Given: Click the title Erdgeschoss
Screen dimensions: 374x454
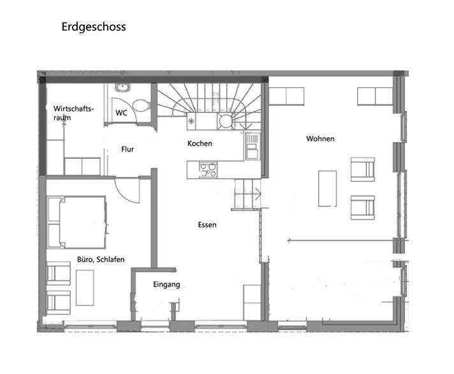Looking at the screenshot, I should point(94,27).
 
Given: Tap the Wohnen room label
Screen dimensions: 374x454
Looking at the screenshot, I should point(320,138).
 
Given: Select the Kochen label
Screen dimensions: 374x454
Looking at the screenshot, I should point(200,144).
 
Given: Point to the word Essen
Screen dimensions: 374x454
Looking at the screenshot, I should point(207,225).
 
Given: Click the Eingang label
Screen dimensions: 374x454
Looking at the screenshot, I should point(167,285).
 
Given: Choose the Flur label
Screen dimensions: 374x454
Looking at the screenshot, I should point(128,149).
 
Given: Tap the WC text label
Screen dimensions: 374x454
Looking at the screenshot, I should point(121,112).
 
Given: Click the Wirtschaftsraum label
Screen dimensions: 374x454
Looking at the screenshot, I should point(73,113).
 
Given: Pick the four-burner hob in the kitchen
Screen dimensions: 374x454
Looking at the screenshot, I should point(208,170).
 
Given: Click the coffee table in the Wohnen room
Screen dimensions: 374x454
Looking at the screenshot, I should point(328,188).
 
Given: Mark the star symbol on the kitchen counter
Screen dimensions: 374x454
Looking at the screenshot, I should point(191,120).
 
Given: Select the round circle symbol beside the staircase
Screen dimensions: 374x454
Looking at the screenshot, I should point(226,120).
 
